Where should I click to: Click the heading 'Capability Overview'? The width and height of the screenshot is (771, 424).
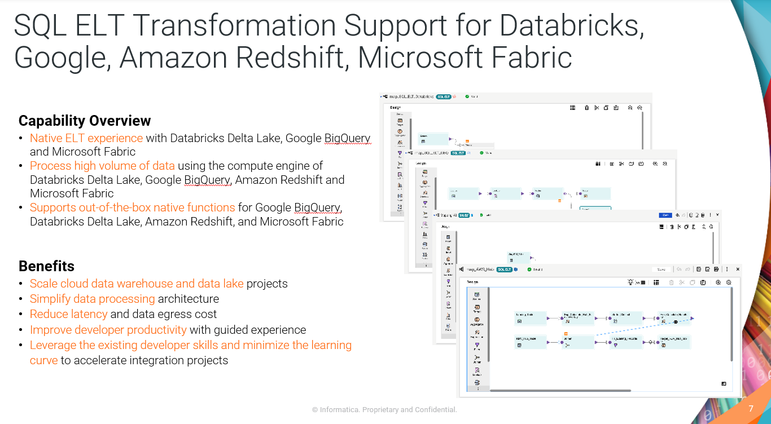(85, 121)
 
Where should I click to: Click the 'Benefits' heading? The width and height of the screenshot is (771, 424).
(46, 266)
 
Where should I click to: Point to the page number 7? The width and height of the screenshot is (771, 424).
(751, 409)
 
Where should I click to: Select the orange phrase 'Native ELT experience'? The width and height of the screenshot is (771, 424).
(86, 138)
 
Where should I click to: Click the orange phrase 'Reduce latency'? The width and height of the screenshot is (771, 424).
(68, 314)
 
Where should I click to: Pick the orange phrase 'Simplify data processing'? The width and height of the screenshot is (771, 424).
(92, 299)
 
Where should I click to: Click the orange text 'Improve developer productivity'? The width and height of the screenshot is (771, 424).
(108, 330)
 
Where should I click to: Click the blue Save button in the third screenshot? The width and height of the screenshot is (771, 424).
(665, 215)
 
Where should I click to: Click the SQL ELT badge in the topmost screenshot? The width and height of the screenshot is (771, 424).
(443, 96)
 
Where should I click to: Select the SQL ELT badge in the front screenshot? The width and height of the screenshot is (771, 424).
(504, 270)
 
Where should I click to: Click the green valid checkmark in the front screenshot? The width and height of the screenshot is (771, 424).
(530, 270)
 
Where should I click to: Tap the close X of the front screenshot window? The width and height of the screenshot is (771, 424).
(738, 270)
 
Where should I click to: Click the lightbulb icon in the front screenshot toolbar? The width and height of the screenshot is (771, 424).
(632, 282)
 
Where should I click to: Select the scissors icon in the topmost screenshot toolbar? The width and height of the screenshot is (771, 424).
(596, 108)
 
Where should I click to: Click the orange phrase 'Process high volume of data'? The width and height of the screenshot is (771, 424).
(102, 166)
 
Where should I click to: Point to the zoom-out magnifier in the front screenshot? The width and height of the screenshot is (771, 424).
(729, 282)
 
